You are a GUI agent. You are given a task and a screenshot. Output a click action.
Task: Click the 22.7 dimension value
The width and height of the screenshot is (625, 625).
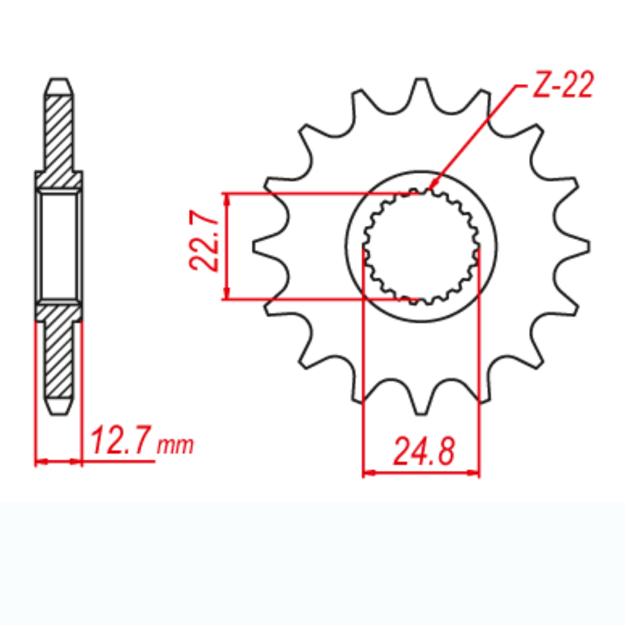coord(204,241)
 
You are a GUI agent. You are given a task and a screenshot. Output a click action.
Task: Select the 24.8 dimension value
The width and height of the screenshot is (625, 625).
coord(424,452)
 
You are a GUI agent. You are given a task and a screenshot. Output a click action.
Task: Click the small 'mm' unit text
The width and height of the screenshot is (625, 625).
coord(175,445)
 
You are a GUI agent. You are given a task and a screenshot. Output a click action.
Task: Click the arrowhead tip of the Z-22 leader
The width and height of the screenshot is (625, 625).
coord(429,189)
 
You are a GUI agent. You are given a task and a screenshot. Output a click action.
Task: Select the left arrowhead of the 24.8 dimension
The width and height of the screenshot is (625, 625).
coord(367,473)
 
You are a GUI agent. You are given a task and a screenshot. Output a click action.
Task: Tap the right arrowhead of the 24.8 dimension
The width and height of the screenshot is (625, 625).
coord(475,473)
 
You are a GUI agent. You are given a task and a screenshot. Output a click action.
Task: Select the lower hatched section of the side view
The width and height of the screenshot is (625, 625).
coord(59,352)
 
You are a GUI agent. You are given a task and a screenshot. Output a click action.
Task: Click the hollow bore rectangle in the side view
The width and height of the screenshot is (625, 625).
coord(59,246)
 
